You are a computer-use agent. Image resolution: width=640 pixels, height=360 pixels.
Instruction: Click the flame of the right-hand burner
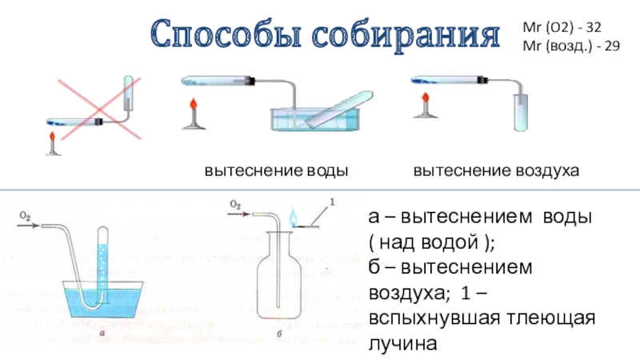click(421, 105)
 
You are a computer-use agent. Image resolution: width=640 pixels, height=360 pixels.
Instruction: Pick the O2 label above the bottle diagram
click(237, 204)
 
